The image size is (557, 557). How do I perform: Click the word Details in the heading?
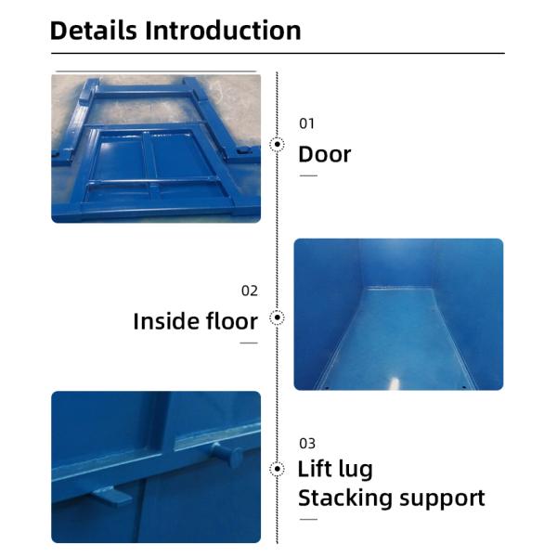(x=94, y=30)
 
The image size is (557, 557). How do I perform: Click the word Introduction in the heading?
(x=223, y=30)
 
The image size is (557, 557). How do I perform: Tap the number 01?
(x=306, y=123)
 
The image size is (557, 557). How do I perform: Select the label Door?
(x=324, y=153)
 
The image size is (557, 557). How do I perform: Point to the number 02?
(x=249, y=291)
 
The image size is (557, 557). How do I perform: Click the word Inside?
(x=165, y=321)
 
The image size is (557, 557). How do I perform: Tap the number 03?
(x=306, y=443)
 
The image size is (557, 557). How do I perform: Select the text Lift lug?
(x=335, y=469)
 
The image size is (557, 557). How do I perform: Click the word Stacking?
(x=344, y=498)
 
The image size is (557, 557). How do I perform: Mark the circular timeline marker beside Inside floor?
(x=277, y=318)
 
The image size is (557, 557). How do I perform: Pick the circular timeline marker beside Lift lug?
(x=277, y=469)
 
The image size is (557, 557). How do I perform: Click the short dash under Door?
(x=307, y=175)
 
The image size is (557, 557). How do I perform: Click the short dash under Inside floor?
(x=248, y=343)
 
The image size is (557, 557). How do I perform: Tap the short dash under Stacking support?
(x=307, y=519)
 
